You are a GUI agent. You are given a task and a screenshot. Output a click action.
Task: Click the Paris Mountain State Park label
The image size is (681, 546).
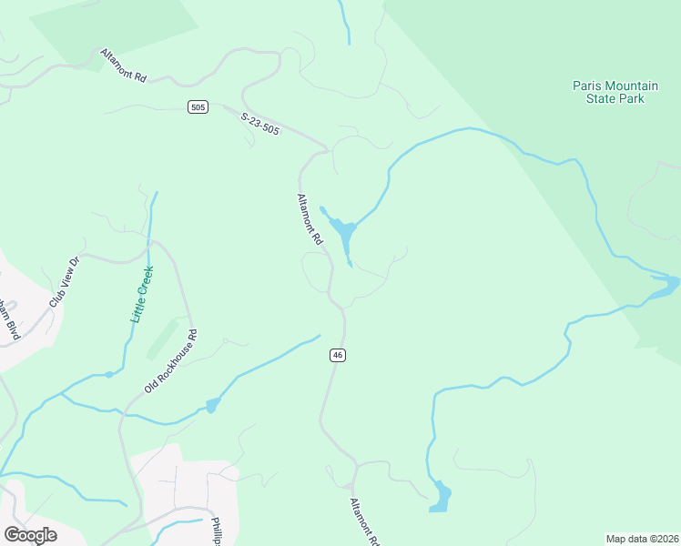pyautogui.click(x=608, y=92)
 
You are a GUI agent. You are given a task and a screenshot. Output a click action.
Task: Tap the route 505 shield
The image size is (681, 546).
pyautogui.click(x=198, y=107)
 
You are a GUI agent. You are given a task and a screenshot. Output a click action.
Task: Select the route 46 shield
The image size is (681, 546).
pyautogui.click(x=338, y=355)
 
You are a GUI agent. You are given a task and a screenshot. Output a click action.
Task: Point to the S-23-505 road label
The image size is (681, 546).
pyautogui.click(x=260, y=124)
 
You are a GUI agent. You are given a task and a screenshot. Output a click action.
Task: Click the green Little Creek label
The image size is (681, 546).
pyautogui.click(x=141, y=293)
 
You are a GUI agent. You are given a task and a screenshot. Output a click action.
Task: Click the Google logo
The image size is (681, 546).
pyautogui.click(x=30, y=534)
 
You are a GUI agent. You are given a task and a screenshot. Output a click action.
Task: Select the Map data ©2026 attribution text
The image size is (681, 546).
pyautogui.click(x=642, y=539)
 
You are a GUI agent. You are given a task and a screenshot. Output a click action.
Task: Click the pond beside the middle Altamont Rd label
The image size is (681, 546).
pyautogui.click(x=343, y=235)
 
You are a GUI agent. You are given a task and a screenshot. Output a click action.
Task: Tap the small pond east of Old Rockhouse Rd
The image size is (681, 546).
pyautogui.click(x=212, y=405)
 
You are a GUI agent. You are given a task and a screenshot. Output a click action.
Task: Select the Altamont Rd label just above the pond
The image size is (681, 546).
pyautogui.click(x=310, y=218)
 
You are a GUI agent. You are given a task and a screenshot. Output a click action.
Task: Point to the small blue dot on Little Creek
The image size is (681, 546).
pyautogui.click(x=109, y=374)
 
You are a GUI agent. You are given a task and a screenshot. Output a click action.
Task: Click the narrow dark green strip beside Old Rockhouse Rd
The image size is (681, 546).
pyautogui.click(x=162, y=338)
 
